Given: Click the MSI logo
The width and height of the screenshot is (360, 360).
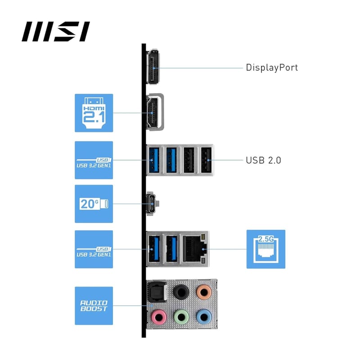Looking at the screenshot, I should (56, 32).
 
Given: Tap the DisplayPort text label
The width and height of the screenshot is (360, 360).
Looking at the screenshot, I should (272, 68).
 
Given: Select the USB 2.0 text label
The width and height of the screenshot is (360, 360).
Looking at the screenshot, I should (263, 160).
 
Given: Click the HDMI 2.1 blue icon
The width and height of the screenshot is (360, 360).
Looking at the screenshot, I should (94, 113).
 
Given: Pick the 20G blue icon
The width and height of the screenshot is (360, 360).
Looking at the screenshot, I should (94, 203).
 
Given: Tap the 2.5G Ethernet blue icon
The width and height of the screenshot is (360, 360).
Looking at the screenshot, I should (265, 249).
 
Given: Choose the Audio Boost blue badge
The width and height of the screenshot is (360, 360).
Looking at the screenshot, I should (94, 306).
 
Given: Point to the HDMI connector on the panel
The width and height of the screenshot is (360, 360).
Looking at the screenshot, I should (154, 113).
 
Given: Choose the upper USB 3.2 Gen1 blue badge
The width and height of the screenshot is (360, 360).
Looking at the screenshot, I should (94, 160).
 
